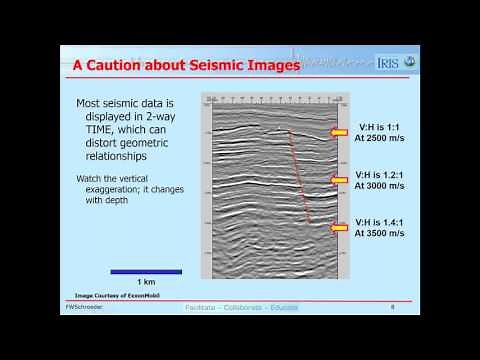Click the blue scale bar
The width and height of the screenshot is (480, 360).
pos(146,271)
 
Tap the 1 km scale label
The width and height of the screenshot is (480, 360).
pos(146,281)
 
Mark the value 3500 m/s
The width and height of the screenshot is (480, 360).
pos(381,232)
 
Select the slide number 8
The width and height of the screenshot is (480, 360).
pos(393,307)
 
